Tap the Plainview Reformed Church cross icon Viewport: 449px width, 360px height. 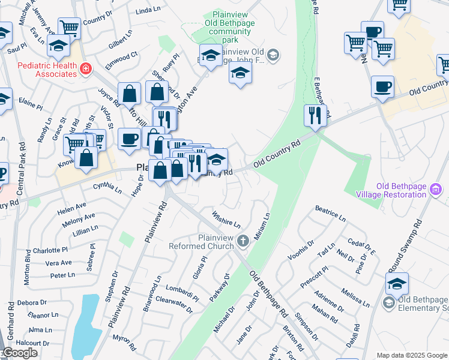point(243,241)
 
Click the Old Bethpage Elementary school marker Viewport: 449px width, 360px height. point(397,284)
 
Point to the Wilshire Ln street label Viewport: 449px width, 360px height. point(225,218)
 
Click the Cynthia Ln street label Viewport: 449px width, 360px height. point(107,188)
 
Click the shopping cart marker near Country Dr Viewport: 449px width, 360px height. point(70,27)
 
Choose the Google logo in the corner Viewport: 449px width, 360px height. point(20,353)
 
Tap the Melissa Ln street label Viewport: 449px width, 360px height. point(355,298)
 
